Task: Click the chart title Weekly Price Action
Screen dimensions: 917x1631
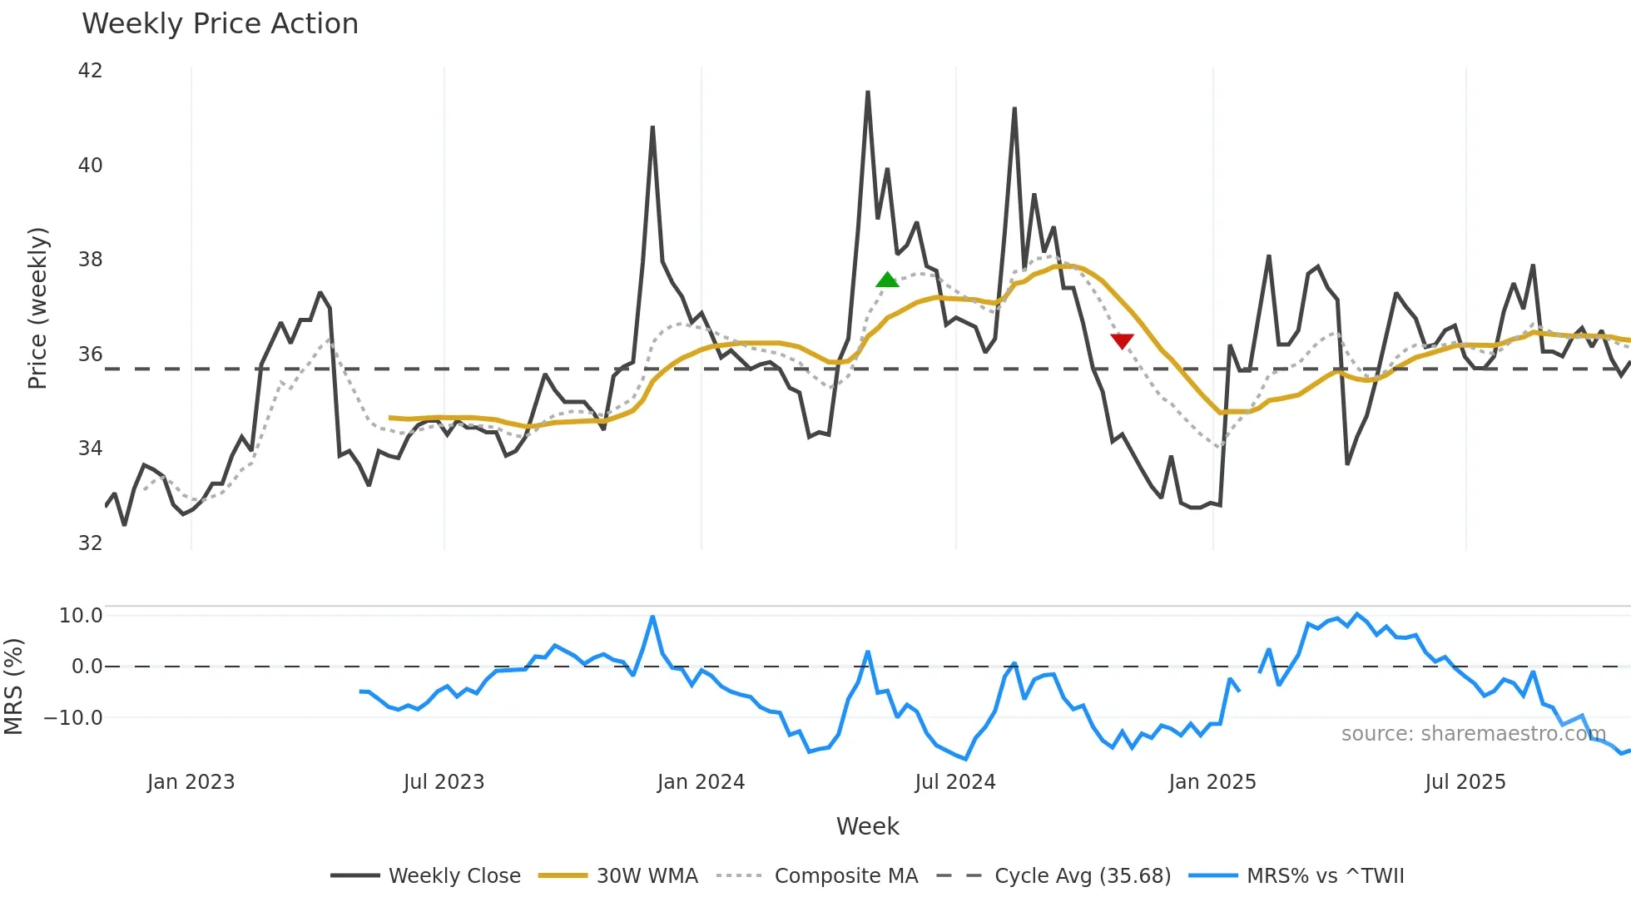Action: pyautogui.click(x=220, y=24)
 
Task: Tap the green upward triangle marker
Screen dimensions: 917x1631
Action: pyautogui.click(x=887, y=280)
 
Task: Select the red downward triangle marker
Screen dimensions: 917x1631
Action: pyautogui.click(x=1122, y=340)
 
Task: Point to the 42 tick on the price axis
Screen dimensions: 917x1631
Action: pyautogui.click(x=90, y=71)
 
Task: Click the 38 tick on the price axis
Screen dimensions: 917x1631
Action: pyautogui.click(x=90, y=260)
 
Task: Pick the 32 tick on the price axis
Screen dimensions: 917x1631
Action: pyautogui.click(x=90, y=543)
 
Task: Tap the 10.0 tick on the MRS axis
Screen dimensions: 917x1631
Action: pyautogui.click(x=81, y=616)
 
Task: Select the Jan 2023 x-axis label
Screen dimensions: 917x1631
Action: pyautogui.click(x=191, y=782)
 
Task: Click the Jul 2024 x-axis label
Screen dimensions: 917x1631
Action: pyautogui.click(x=954, y=782)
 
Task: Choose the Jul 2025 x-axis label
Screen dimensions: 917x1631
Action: pyautogui.click(x=1465, y=782)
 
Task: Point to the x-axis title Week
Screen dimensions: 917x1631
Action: pyautogui.click(x=867, y=826)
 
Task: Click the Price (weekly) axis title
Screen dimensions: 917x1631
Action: pyautogui.click(x=37, y=308)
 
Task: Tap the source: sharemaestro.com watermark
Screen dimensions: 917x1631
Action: pyautogui.click(x=1473, y=734)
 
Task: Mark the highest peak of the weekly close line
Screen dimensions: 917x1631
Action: pyautogui.click(x=868, y=92)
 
